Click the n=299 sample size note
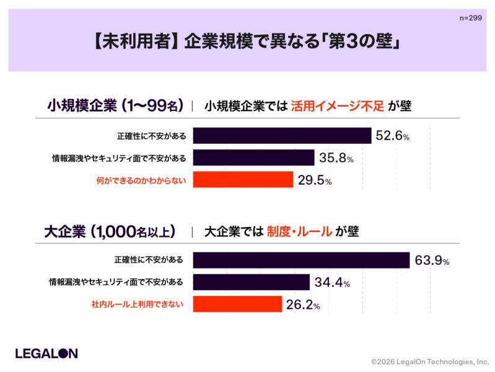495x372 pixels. (x=471, y=19)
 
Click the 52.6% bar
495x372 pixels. (x=282, y=136)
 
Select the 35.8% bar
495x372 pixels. (x=253, y=157)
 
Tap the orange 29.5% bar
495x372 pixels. (x=243, y=180)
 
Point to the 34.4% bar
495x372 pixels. (x=251, y=282)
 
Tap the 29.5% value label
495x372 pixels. (x=314, y=180)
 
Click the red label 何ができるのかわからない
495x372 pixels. (x=141, y=180)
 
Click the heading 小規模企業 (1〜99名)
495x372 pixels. (x=115, y=106)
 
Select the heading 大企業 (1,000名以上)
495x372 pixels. (x=110, y=232)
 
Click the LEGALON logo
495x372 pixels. (x=46, y=353)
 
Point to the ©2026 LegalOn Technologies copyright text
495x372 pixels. (x=429, y=361)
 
